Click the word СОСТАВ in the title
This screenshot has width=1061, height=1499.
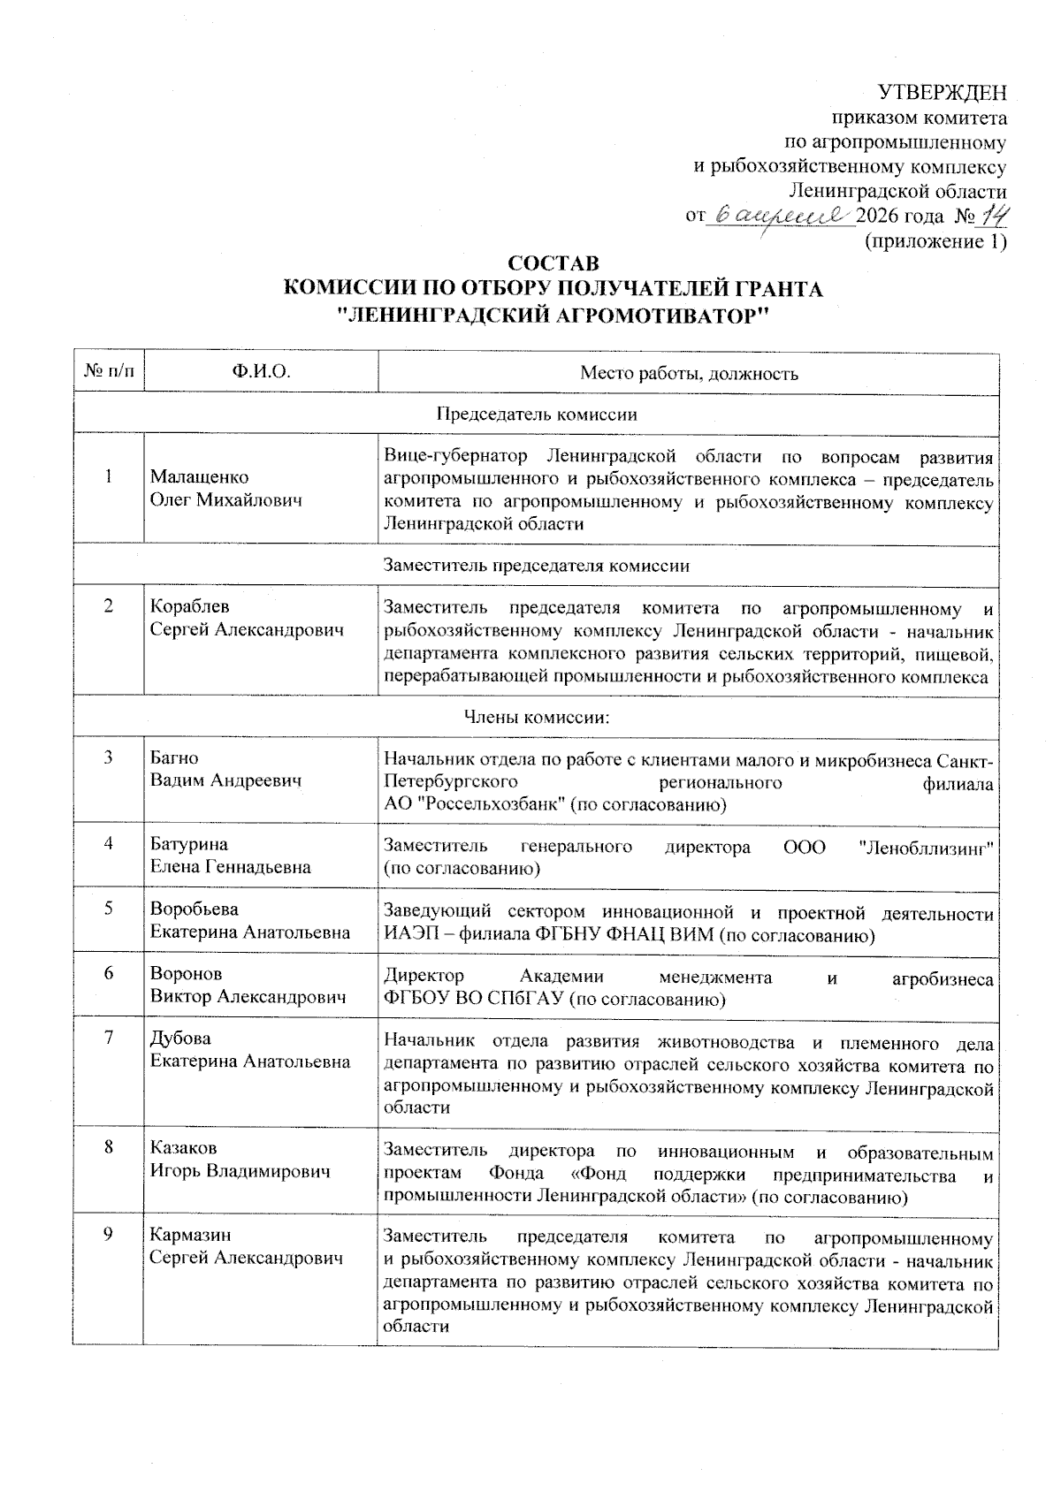tap(553, 264)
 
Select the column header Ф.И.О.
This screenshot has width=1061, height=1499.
tap(261, 373)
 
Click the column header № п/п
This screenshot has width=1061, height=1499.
tap(109, 373)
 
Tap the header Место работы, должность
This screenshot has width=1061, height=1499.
tap(689, 374)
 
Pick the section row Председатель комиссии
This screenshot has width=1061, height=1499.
tap(537, 415)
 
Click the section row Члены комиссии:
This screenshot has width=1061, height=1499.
tap(537, 717)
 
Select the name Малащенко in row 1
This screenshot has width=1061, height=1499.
tap(199, 477)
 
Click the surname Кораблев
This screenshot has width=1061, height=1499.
tap(189, 606)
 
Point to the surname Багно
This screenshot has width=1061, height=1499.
tap(174, 757)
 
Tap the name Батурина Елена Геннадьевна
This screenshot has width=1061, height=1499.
tap(230, 856)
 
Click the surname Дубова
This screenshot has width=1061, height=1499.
tap(180, 1039)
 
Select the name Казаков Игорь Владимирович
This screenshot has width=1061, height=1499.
tap(240, 1160)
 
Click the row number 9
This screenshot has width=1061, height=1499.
tap(109, 1235)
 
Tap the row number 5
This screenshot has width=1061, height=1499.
tap(109, 909)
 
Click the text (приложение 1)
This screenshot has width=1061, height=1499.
tap(935, 241)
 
